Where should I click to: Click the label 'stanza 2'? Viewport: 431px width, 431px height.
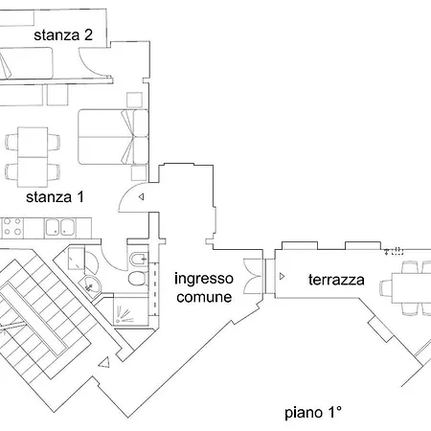tap(63, 35)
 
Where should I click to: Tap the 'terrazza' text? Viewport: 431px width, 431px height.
tap(336, 281)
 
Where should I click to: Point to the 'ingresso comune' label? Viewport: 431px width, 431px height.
tap(203, 287)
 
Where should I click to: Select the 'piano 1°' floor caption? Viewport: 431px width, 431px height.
tap(313, 414)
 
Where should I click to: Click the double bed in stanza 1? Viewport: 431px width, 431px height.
tap(112, 136)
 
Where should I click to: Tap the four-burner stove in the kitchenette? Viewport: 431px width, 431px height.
tap(12, 228)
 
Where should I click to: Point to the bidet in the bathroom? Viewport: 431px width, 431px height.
tap(138, 258)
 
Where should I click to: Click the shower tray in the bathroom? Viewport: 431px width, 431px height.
tap(126, 309)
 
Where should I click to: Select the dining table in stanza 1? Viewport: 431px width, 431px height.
tap(33, 155)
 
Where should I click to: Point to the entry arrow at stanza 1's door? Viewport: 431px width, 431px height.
tap(141, 197)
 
